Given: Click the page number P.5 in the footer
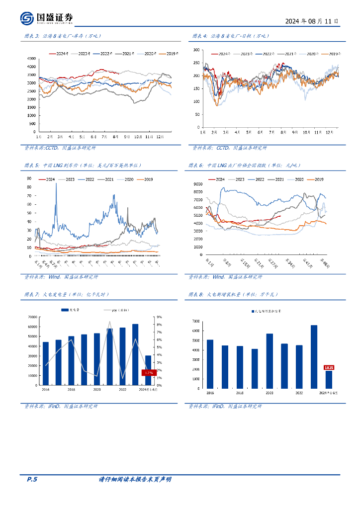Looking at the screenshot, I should pos(31,479).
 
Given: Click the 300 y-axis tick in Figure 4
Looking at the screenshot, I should pos(196,50).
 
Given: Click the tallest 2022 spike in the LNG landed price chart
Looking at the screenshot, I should pos(56,184).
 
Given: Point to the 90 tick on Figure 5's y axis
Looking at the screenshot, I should pos(29,178).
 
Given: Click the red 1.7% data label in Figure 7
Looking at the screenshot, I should pos(148,372).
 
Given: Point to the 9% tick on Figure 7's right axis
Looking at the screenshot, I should pos(158,317).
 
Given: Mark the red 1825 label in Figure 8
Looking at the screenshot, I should pos(329,367).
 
